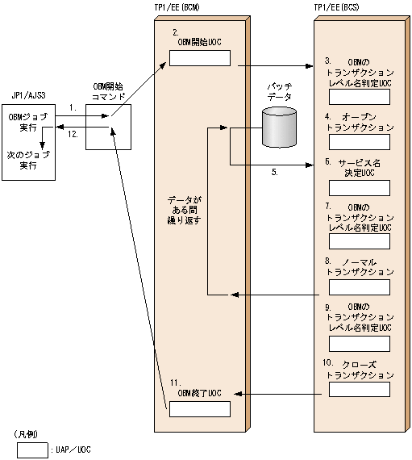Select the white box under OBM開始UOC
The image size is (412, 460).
[199, 58]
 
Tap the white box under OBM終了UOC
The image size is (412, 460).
[199, 408]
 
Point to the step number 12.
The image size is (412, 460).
[73, 135]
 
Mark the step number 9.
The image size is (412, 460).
[328, 307]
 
